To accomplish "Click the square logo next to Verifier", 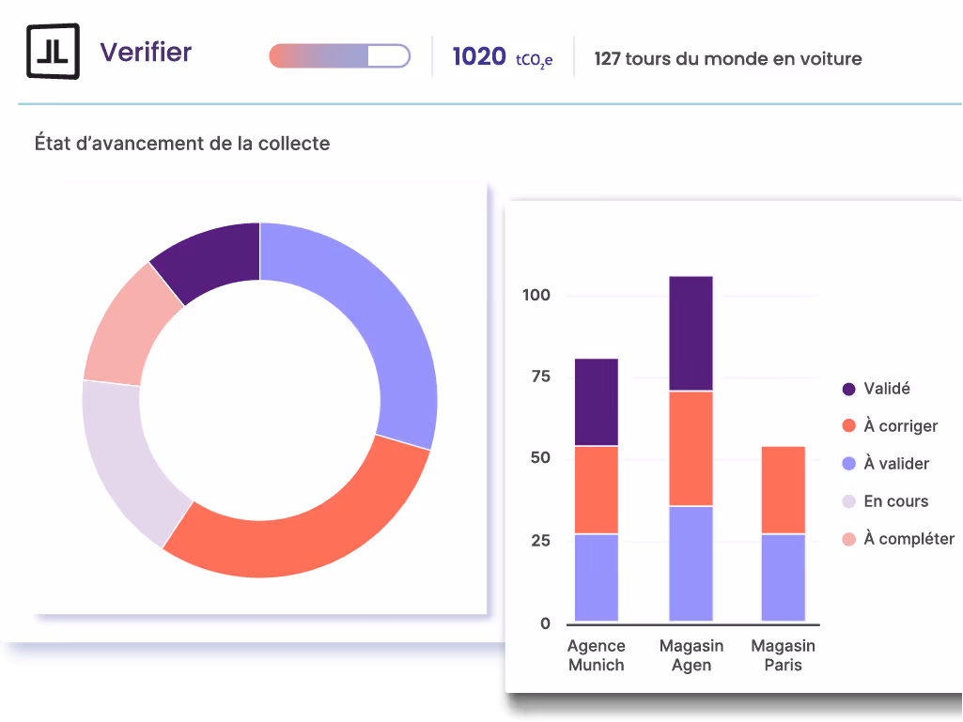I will click(x=53, y=52).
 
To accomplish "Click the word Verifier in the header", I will click(x=146, y=53).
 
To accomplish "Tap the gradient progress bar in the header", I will click(x=339, y=56).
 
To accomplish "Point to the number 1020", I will click(x=479, y=57).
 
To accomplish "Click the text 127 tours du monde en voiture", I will click(x=727, y=59).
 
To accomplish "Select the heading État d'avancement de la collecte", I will click(x=182, y=144).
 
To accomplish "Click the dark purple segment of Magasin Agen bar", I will click(x=691, y=333).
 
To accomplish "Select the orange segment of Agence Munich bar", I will click(x=596, y=489).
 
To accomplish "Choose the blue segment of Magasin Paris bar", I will click(x=784, y=576).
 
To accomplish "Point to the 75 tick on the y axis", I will click(x=537, y=377).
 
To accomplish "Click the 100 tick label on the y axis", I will click(x=536, y=296).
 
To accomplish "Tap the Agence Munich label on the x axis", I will click(x=596, y=655).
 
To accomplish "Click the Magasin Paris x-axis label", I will click(x=783, y=655).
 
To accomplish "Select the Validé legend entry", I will click(x=886, y=389).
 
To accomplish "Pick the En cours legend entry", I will click(x=894, y=501).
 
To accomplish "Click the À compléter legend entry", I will click(x=908, y=539).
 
